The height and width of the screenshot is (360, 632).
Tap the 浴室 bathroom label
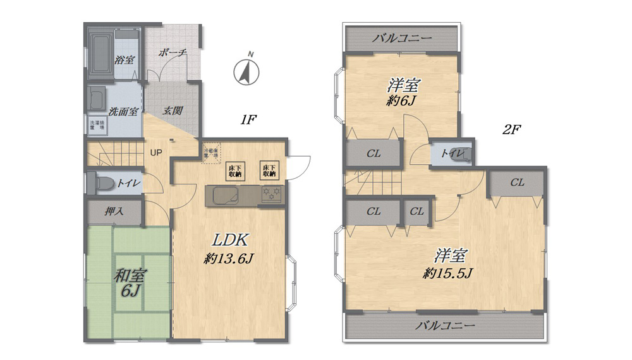pos(124,60)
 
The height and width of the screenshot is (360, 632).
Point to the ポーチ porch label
pos(173,53)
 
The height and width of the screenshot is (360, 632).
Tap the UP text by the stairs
pos(155,152)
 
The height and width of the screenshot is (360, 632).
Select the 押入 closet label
pos(114,212)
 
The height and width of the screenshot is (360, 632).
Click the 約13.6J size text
pos(229,258)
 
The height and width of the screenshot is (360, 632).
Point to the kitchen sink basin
pos(225,196)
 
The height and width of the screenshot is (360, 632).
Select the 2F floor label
pos(511,130)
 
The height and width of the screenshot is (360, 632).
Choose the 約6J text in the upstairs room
pos(404,100)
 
